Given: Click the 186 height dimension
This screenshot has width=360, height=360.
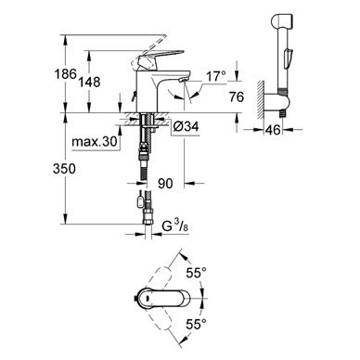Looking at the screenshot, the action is [x=65, y=74].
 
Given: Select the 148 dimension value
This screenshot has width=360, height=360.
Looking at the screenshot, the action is [x=89, y=82].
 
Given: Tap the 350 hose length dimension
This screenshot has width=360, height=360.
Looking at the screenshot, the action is [x=64, y=169].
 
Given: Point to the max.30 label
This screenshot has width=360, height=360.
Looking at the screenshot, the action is [x=95, y=142].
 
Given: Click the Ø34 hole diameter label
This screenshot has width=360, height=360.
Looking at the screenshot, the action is [x=186, y=126].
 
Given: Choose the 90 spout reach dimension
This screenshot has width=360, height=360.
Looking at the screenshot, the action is [x=165, y=184].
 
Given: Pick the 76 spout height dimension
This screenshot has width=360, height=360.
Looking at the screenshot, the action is [x=237, y=96].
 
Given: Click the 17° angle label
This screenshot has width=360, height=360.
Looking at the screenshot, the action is [x=216, y=76].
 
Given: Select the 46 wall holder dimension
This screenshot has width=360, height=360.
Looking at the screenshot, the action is [x=273, y=130].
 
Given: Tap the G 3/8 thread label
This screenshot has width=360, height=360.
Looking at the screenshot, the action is [x=175, y=226].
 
